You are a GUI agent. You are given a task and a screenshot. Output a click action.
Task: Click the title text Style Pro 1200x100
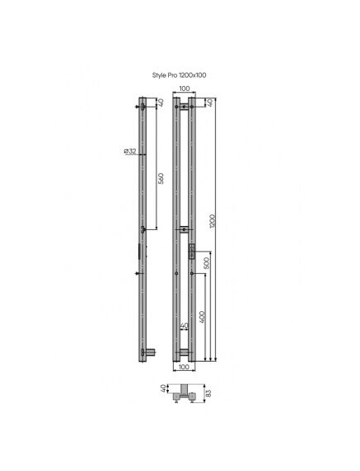179,75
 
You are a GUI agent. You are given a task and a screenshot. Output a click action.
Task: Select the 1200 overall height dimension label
213,221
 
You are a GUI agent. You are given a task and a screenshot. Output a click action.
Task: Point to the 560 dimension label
161,178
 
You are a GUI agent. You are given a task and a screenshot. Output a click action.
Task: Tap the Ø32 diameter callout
130,151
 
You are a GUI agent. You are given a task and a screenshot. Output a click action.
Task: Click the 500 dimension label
206,263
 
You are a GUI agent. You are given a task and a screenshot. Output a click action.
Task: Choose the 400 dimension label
202,317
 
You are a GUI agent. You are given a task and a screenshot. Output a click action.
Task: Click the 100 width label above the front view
184,89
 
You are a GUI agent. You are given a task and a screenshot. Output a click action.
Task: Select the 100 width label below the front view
184,367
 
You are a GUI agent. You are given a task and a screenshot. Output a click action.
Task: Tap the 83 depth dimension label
209,393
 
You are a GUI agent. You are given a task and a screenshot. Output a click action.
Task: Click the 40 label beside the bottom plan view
163,388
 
